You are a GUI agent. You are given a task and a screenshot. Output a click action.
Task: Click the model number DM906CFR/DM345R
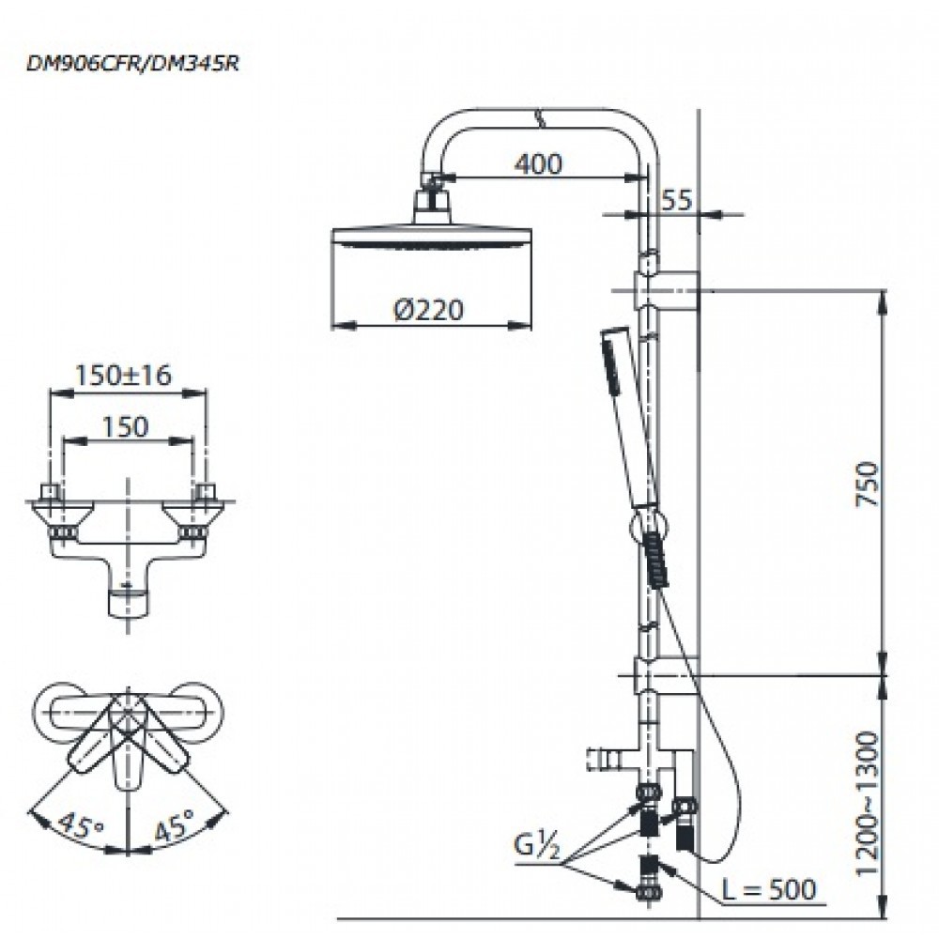(x=132, y=64)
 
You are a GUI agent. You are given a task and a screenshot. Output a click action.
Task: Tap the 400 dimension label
(x=538, y=162)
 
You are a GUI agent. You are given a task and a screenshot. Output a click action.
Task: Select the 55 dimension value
(x=677, y=199)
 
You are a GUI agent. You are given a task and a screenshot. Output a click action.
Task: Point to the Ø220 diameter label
(x=429, y=310)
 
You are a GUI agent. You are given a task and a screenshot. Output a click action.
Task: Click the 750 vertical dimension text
(x=868, y=484)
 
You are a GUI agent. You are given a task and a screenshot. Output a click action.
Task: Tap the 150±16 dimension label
(x=123, y=375)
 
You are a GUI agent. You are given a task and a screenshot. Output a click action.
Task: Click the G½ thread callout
(x=537, y=846)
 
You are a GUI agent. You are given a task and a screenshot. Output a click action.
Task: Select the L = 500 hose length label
(x=768, y=889)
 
